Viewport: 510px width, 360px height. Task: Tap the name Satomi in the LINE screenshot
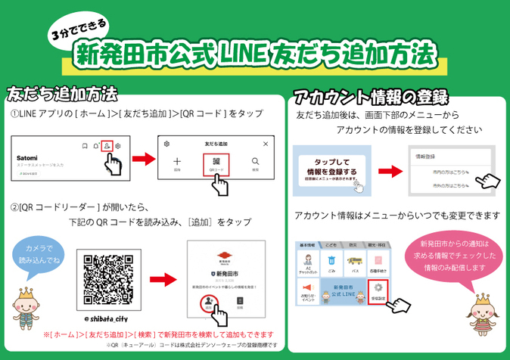tap(27, 157)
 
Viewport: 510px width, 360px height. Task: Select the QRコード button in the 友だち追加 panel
tap(216, 164)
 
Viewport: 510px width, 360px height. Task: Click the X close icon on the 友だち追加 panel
tap(265, 144)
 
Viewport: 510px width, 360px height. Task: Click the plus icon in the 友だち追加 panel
tap(176, 162)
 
